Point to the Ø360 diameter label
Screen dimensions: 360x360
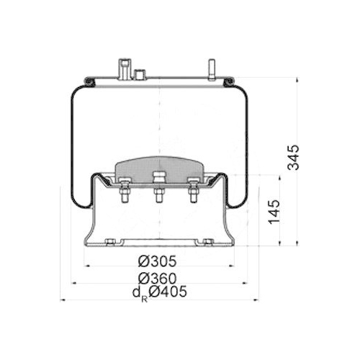157,277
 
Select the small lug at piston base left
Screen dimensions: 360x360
109,241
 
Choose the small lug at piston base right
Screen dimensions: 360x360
207,241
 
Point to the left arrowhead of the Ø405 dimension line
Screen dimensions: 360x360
63,300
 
